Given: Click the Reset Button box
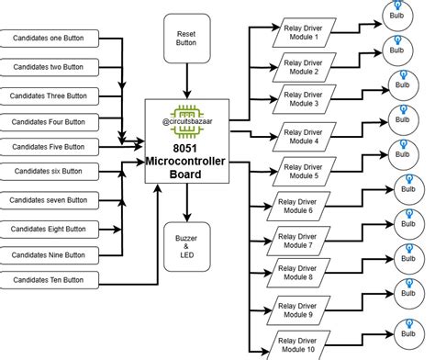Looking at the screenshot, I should tap(186, 37).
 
